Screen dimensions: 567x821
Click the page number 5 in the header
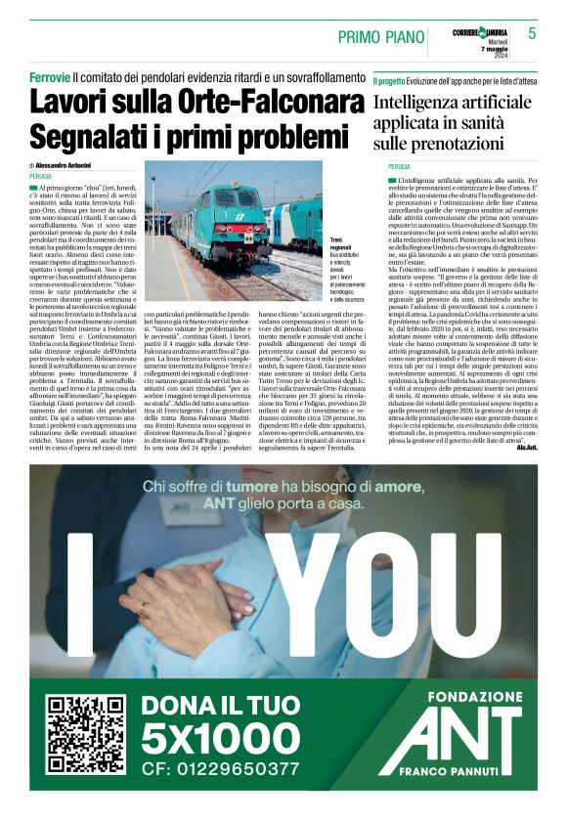(532, 33)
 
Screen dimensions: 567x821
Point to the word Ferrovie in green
(49, 75)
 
